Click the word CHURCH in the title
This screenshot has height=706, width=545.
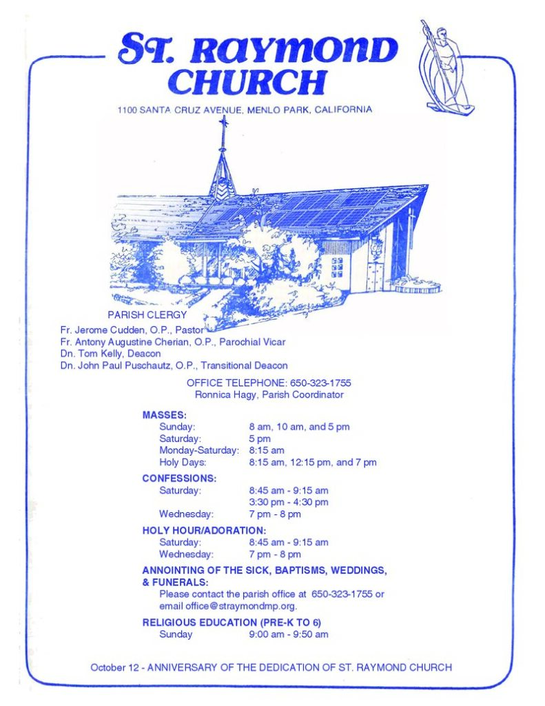point(247,82)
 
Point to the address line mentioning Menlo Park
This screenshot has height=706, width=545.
point(245,110)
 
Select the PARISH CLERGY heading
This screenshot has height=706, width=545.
point(147,314)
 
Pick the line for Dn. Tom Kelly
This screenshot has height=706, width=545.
point(110,354)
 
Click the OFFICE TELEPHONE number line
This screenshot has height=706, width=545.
point(269,383)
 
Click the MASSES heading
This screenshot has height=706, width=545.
point(165,415)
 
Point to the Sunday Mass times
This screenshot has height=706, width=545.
point(299,427)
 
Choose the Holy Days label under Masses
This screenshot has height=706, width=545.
point(183,462)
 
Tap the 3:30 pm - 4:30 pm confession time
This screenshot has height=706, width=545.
point(288,502)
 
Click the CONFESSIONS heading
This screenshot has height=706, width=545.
point(179,478)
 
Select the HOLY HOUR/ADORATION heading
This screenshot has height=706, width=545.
point(204,530)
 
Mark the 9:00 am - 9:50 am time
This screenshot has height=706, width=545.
point(288,634)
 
